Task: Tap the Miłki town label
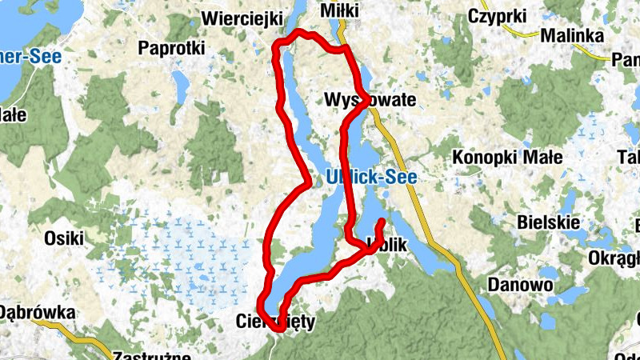(338, 10)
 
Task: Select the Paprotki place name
(171, 48)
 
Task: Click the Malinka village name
(570, 35)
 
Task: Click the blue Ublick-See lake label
(371, 178)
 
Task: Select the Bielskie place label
(547, 220)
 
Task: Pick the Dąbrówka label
(38, 313)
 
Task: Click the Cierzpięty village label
(277, 322)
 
